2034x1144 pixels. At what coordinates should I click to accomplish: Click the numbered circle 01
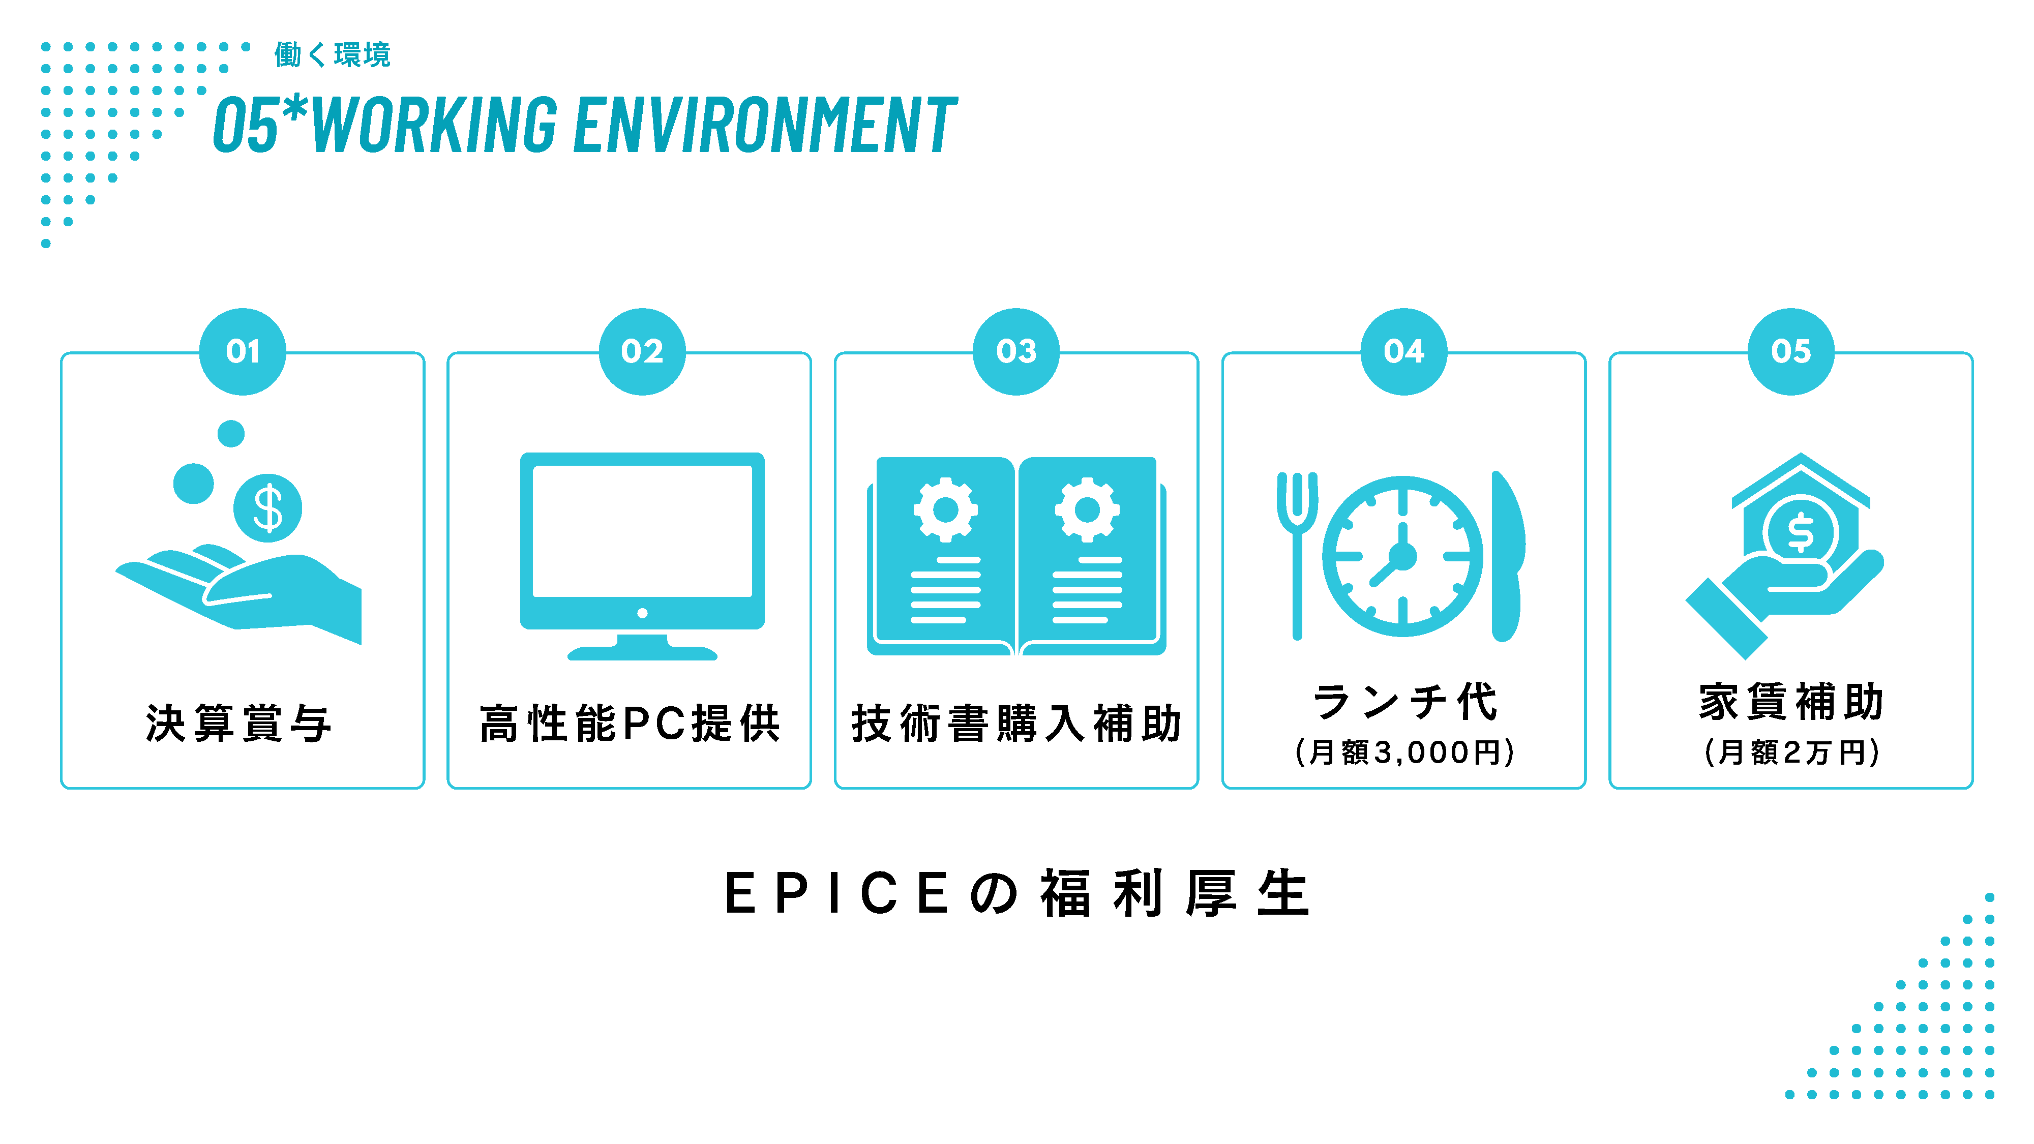point(243,351)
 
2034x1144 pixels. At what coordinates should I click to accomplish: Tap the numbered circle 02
point(642,351)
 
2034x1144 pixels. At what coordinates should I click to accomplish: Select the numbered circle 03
point(1016,351)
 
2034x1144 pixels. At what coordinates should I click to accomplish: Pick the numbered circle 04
point(1404,351)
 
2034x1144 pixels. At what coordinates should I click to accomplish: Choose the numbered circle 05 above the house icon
point(1791,351)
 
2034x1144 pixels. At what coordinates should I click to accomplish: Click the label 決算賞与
point(239,723)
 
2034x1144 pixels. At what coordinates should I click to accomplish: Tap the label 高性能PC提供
point(630,723)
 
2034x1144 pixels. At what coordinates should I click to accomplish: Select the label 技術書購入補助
point(1016,723)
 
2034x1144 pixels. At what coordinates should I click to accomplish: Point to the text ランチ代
point(1404,702)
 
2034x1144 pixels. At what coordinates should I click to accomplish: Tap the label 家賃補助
point(1791,702)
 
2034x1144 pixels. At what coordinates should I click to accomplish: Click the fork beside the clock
point(1297,553)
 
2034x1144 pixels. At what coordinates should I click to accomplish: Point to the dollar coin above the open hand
point(267,507)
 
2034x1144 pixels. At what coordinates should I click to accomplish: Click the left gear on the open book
point(945,509)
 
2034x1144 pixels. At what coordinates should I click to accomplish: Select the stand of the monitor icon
point(642,647)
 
